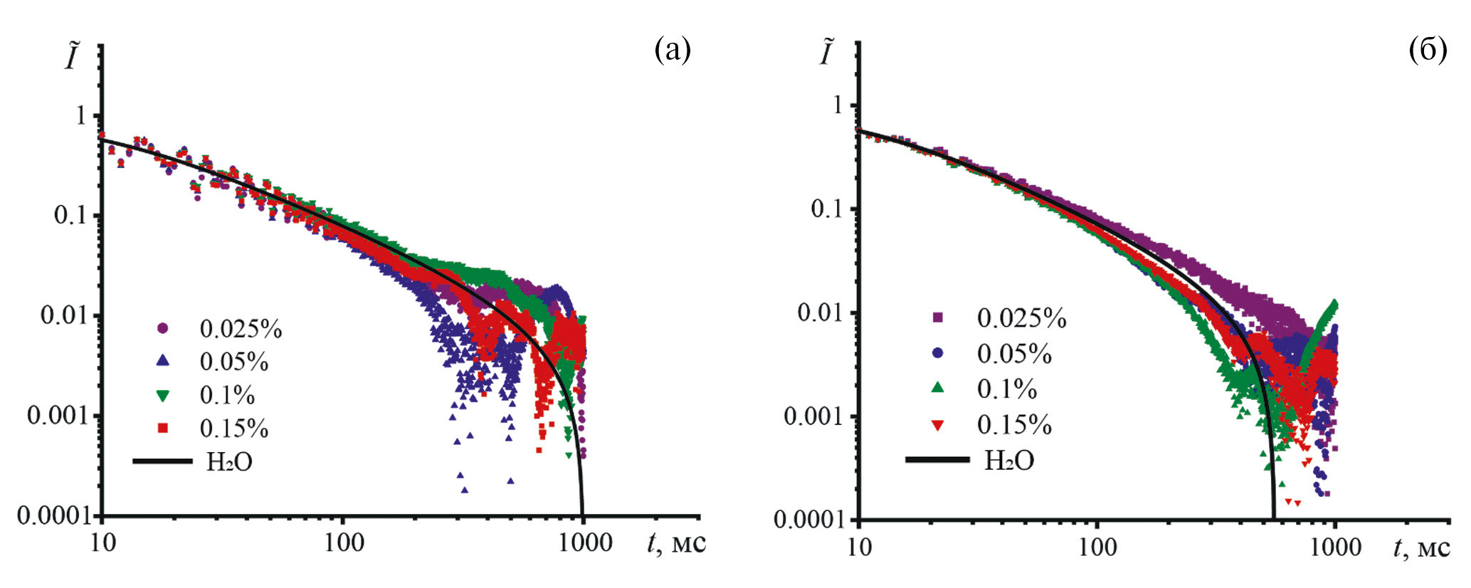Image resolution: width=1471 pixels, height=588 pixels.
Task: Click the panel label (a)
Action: (673, 50)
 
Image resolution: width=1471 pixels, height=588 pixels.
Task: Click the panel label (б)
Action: (1428, 50)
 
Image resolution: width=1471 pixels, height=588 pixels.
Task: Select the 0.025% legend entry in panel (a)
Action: (241, 329)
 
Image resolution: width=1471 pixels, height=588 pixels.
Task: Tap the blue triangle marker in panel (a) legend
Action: (163, 361)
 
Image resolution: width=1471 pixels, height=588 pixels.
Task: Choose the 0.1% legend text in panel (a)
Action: (227, 395)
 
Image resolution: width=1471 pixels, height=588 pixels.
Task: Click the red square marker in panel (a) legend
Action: (163, 428)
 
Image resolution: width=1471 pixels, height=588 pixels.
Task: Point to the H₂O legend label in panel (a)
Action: (229, 462)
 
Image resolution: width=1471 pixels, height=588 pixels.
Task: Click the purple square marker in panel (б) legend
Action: (938, 317)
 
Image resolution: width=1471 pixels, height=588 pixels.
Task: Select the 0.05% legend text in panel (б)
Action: (1014, 354)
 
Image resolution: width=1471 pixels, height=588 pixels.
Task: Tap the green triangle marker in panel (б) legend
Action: (938, 388)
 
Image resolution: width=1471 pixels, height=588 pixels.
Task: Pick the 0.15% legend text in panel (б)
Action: (1014, 425)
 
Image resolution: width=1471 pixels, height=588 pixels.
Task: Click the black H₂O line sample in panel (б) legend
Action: (937, 460)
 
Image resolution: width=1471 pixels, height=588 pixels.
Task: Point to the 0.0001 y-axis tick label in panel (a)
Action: (54, 515)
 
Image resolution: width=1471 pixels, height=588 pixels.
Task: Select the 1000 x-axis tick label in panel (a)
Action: (585, 543)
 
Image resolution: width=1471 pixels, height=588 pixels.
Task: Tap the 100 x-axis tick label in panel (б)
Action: (1097, 547)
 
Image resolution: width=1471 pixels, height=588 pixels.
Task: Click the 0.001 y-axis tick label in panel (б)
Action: (812, 416)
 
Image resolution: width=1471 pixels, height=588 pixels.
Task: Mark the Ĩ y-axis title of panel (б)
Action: (826, 53)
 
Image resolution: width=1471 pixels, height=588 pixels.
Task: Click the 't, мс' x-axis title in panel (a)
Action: (676, 543)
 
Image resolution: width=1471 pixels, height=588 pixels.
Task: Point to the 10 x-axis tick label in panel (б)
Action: (860, 547)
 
